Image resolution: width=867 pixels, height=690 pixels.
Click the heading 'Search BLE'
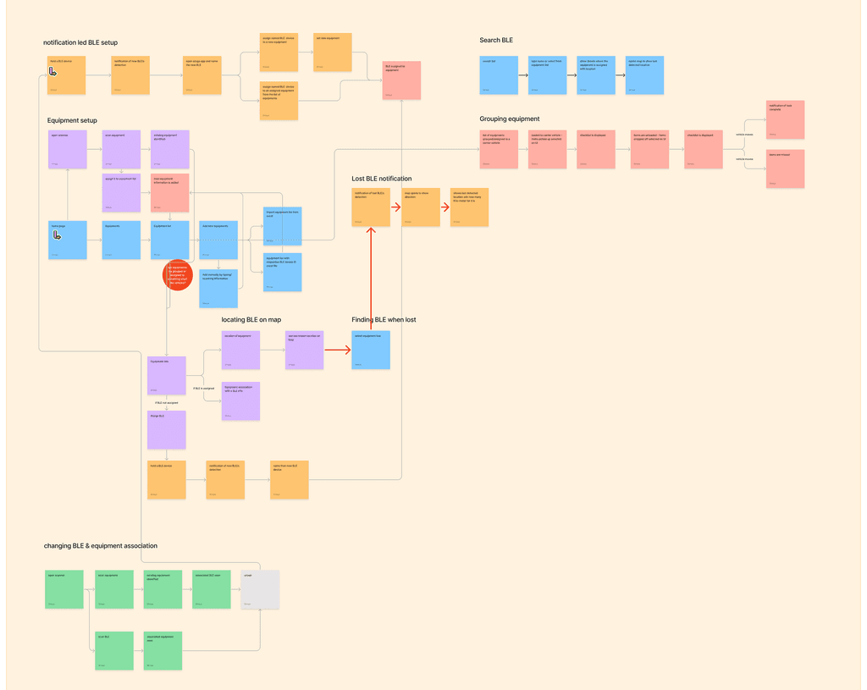[496, 41]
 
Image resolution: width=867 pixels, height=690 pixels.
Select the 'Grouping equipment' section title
[509, 119]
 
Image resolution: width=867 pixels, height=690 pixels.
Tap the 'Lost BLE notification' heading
[382, 179]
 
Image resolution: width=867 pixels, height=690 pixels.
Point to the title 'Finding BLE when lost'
[384, 319]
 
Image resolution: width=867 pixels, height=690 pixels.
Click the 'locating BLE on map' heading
[251, 319]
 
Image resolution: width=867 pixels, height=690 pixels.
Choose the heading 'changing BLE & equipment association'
[101, 546]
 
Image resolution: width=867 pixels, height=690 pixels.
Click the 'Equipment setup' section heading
[72, 121]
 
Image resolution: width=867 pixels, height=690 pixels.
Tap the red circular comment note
[178, 275]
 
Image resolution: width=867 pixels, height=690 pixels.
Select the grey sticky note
[260, 588]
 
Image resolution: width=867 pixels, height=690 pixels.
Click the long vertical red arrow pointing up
[371, 279]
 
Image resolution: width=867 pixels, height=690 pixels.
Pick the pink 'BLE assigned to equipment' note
[402, 80]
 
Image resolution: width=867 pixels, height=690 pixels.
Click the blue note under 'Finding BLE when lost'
[371, 350]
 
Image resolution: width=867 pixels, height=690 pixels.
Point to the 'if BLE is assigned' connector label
[203, 388]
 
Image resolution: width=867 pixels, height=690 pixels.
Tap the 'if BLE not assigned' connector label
[165, 403]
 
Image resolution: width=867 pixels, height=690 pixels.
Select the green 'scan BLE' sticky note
[114, 650]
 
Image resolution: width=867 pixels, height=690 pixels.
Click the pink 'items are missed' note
[785, 168]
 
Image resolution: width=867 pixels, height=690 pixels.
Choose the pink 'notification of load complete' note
[785, 119]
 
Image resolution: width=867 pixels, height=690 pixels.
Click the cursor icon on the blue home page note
[57, 235]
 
